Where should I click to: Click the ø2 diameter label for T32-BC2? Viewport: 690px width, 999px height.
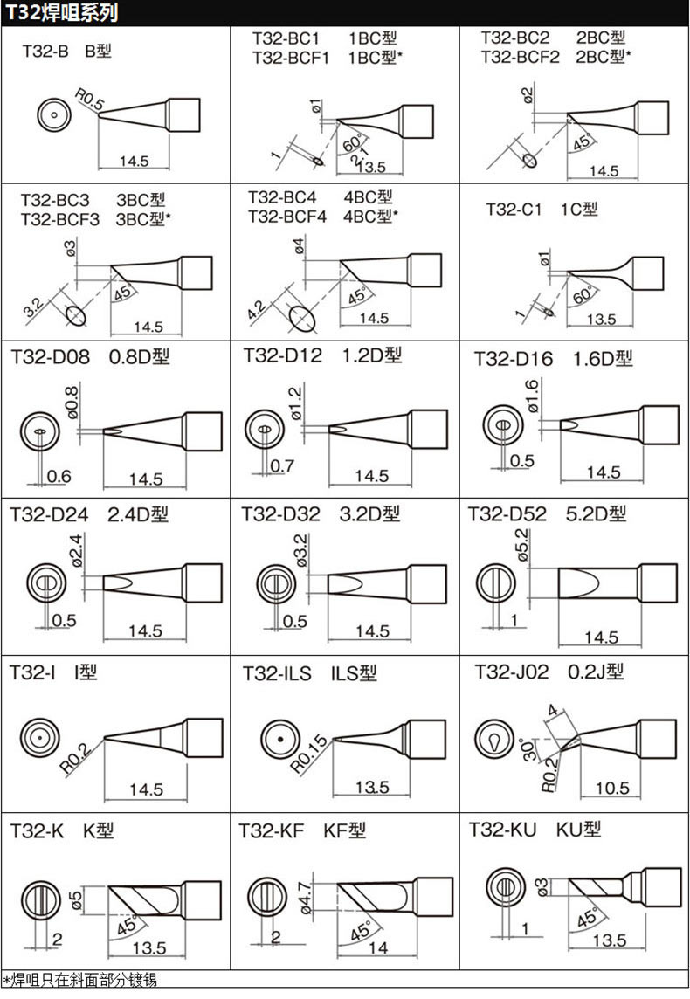tap(527, 95)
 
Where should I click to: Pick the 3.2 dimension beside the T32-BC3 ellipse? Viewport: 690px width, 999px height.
tap(33, 308)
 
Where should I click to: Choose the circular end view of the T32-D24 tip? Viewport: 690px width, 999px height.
tap(45, 582)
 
